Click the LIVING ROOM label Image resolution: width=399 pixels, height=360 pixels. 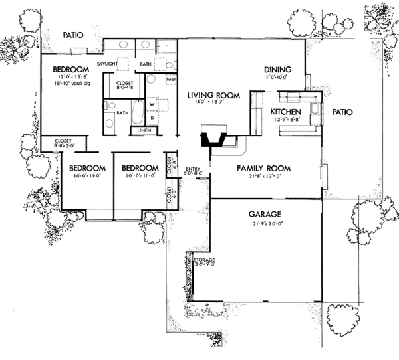click(207, 95)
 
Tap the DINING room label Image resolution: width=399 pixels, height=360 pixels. click(277, 68)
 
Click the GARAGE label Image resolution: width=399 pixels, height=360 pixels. click(265, 214)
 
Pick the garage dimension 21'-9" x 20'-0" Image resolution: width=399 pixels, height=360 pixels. click(265, 223)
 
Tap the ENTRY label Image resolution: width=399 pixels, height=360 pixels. click(194, 169)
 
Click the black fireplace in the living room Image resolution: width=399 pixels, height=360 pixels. click(214, 140)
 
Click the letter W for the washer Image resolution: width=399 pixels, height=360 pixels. click(152, 104)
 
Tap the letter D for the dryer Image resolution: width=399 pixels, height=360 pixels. click(152, 118)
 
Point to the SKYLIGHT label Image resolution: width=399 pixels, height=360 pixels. click(107, 64)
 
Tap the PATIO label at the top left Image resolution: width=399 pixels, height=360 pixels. click(72, 35)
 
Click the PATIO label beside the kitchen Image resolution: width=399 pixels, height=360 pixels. click(342, 112)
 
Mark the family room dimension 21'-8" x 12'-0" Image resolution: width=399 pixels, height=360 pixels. click(264, 177)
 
